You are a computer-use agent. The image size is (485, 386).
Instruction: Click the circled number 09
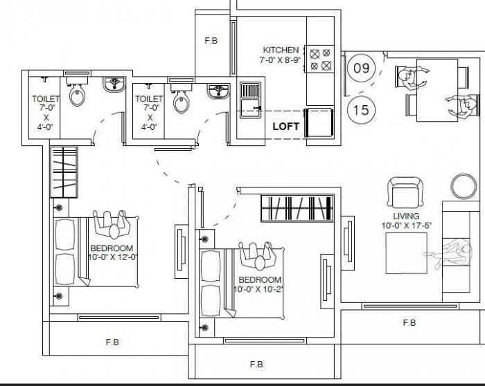tap(362, 68)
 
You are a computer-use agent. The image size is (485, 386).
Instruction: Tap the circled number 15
tap(360, 109)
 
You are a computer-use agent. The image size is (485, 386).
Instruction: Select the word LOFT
tap(285, 126)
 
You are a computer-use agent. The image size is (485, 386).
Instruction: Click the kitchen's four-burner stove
tap(319, 59)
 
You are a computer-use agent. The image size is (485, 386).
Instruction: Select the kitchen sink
tap(249, 98)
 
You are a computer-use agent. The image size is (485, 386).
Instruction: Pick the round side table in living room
tap(464, 186)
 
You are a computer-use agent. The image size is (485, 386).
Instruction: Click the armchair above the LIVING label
tap(405, 192)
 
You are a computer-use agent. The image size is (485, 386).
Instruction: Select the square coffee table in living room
tap(406, 253)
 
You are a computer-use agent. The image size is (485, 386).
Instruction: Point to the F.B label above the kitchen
tap(211, 41)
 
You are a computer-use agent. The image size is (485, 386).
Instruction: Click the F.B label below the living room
tap(409, 322)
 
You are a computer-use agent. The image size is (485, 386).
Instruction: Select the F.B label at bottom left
tap(112, 342)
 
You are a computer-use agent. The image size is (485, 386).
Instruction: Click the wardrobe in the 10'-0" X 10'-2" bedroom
tap(297, 208)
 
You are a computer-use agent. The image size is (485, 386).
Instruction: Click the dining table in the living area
tap(436, 88)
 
